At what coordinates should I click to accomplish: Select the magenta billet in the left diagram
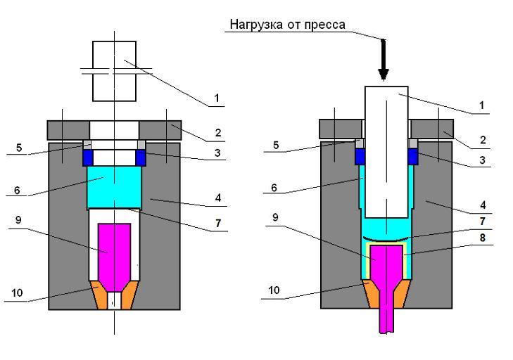113,248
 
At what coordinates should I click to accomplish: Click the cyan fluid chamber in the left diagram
115,187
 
